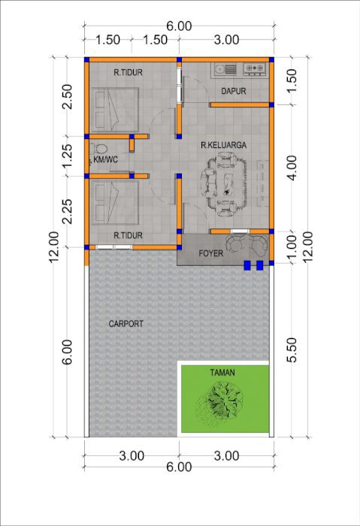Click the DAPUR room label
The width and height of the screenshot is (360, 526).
pyautogui.click(x=234, y=91)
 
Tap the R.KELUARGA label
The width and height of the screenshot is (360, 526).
pyautogui.click(x=223, y=145)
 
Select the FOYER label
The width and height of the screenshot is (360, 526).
pyautogui.click(x=211, y=253)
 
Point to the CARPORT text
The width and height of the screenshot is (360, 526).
pyautogui.click(x=126, y=324)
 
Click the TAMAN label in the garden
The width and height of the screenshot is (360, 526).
pyautogui.click(x=222, y=373)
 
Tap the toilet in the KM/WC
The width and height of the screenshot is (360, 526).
pyautogui.click(x=100, y=148)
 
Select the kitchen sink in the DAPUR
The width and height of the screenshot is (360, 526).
pyautogui.click(x=225, y=69)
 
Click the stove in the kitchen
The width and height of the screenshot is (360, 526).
pyautogui.click(x=254, y=68)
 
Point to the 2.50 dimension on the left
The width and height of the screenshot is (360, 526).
pyautogui.click(x=68, y=97)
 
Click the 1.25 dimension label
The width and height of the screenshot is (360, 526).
pyautogui.click(x=68, y=156)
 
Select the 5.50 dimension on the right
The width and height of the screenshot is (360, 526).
pyautogui.click(x=292, y=350)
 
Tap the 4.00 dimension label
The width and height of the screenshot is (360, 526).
pyautogui.click(x=292, y=168)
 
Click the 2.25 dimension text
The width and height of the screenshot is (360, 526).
pyautogui.click(x=68, y=212)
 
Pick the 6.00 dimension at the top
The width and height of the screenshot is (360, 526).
pyautogui.click(x=179, y=26)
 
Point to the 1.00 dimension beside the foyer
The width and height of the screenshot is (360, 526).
pyautogui.click(x=292, y=246)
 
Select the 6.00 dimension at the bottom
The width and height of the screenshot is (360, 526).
pyautogui.click(x=179, y=467)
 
